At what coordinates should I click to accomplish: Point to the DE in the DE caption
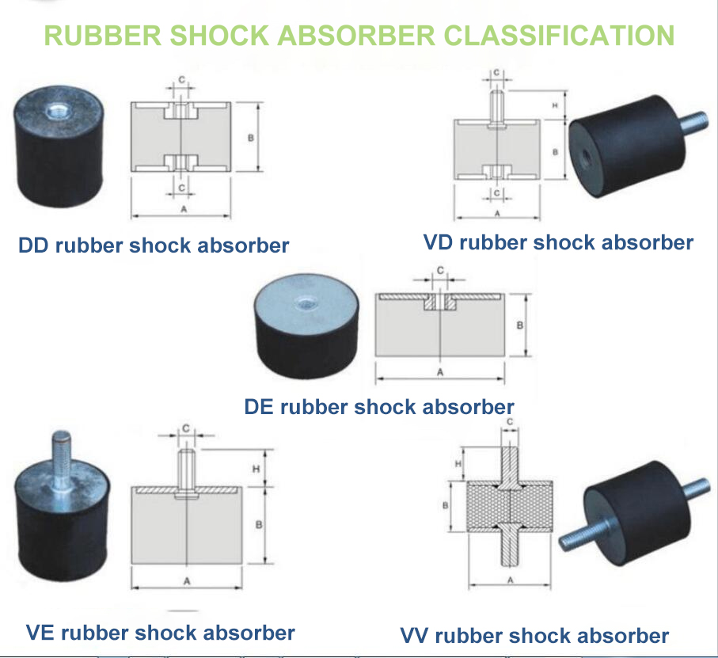(x=259, y=407)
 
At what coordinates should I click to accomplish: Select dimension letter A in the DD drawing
(x=184, y=209)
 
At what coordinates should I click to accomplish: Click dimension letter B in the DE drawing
(x=519, y=325)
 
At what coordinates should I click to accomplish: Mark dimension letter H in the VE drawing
(x=256, y=469)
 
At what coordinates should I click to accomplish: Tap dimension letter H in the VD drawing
(x=555, y=105)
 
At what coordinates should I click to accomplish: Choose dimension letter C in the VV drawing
(x=509, y=422)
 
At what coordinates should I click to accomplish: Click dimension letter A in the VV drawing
(x=509, y=580)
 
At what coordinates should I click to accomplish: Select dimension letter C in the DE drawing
(x=439, y=270)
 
